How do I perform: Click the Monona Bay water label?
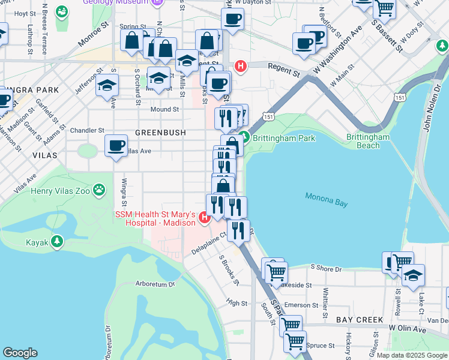326,200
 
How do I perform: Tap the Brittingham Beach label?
368,141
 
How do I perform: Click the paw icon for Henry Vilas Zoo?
99,191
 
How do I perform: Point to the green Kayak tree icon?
57,242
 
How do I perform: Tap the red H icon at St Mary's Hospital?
204,217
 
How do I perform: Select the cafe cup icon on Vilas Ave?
116,145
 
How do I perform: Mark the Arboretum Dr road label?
155,284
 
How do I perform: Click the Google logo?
20,353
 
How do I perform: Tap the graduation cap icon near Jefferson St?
107,85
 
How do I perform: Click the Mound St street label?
164,110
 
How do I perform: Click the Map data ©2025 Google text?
411,355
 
